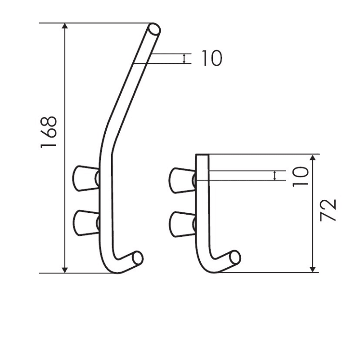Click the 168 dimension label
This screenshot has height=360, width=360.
pyautogui.click(x=49, y=132)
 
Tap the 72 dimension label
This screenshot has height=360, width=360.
pyautogui.click(x=328, y=210)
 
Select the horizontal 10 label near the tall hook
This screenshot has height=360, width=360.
pyautogui.click(x=211, y=58)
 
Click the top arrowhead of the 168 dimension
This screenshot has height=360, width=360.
pyautogui.click(x=65, y=26)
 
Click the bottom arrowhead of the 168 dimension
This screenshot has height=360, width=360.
pyautogui.click(x=65, y=270)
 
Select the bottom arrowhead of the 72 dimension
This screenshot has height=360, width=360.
pyautogui.click(x=312, y=270)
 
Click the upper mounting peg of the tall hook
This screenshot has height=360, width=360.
pyautogui.click(x=86, y=178)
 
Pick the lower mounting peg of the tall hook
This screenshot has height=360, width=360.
pyautogui.click(x=86, y=223)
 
